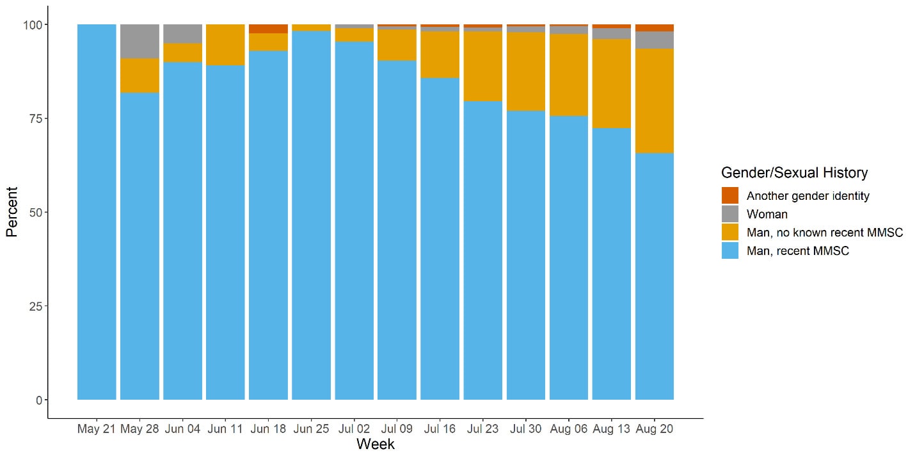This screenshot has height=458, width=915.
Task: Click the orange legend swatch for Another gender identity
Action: coord(729,195)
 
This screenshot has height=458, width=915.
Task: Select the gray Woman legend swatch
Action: coord(729,214)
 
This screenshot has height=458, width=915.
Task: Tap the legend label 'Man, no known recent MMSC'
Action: coord(824,233)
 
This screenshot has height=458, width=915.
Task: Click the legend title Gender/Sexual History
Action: coord(794,172)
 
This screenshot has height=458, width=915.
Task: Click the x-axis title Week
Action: coord(375,444)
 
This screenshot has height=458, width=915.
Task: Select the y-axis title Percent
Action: coord(12,212)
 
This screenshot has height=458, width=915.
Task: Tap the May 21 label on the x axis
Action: coord(96,429)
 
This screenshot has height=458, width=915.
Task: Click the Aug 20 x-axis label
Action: coord(655,429)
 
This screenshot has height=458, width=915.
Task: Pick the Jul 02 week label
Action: coord(354,429)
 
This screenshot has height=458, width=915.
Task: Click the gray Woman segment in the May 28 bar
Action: coord(139,42)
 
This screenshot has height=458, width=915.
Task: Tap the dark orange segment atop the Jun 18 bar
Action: coord(268,29)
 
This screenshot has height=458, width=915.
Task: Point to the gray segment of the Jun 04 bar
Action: coord(182,34)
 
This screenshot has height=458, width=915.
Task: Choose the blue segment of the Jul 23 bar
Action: coord(482,250)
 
